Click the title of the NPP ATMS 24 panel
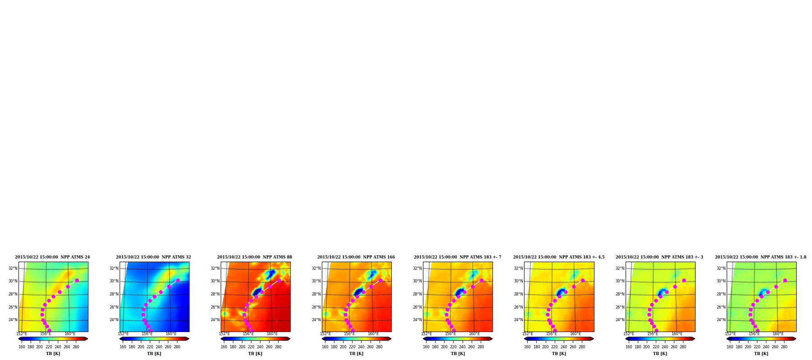[x=52, y=257]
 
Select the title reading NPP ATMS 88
[x=255, y=257]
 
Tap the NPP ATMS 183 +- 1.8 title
[x=761, y=257]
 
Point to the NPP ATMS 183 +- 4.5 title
[x=559, y=257]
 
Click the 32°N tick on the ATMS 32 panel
[x=114, y=268]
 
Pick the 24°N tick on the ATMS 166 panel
[x=316, y=320]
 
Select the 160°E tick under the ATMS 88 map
[x=272, y=334]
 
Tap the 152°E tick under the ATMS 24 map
[x=22, y=334]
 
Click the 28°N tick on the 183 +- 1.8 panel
[x=721, y=294]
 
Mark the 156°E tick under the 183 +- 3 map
[x=653, y=334]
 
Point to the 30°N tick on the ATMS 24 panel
[x=13, y=281]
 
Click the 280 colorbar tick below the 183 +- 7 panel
[x=481, y=347]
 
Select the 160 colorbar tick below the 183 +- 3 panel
[x=629, y=347]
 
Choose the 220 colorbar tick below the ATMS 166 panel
[x=352, y=347]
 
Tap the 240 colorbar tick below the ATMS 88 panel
[x=260, y=347]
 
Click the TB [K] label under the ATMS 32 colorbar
[x=154, y=354]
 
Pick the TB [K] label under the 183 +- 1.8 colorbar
[x=761, y=354]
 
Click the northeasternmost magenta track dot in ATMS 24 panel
[x=77, y=281]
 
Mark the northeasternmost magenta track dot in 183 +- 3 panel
[x=684, y=281]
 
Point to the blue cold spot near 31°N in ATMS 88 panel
[x=271, y=274]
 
